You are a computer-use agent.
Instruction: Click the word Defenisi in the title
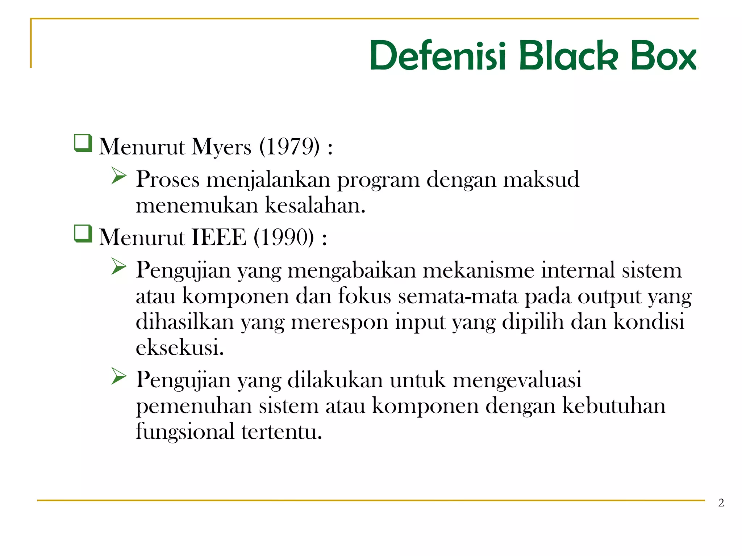438,56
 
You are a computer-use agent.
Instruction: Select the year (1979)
289,147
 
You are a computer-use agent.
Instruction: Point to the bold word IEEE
218,238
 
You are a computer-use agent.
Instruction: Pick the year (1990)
284,238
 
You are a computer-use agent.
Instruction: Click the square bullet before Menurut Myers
83,143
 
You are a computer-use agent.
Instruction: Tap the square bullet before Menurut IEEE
83,234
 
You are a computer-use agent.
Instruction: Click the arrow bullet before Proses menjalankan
119,176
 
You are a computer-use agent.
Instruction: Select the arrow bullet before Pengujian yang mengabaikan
119,266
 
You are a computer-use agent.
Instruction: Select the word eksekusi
180,347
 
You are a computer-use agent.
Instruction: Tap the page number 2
721,503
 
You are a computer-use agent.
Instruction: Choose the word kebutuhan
614,406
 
